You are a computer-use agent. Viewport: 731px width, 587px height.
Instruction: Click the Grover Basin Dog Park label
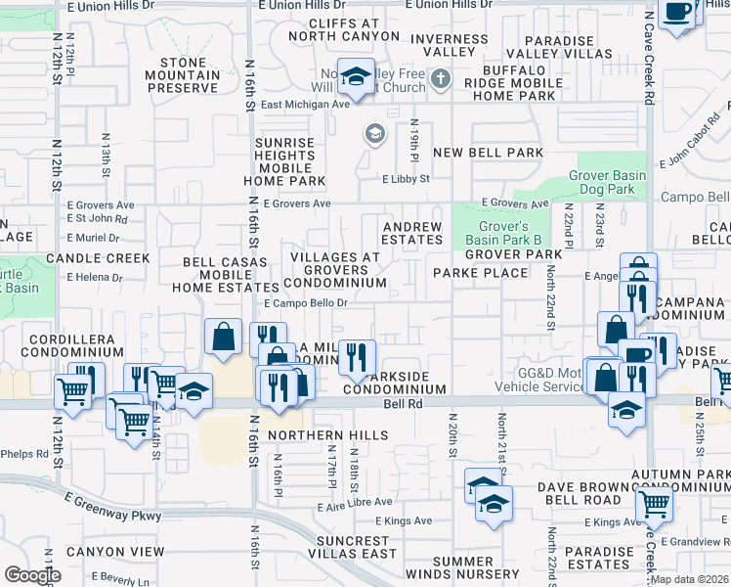click(x=608, y=183)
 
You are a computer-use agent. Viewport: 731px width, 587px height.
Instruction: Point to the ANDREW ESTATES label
click(x=411, y=233)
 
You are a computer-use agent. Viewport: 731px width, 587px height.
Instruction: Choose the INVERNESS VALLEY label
click(x=449, y=46)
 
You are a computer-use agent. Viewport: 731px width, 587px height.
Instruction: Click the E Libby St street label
click(x=406, y=179)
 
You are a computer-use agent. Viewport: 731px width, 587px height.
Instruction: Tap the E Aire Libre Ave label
click(x=352, y=507)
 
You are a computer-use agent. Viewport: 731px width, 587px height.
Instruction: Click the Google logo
click(x=32, y=574)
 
